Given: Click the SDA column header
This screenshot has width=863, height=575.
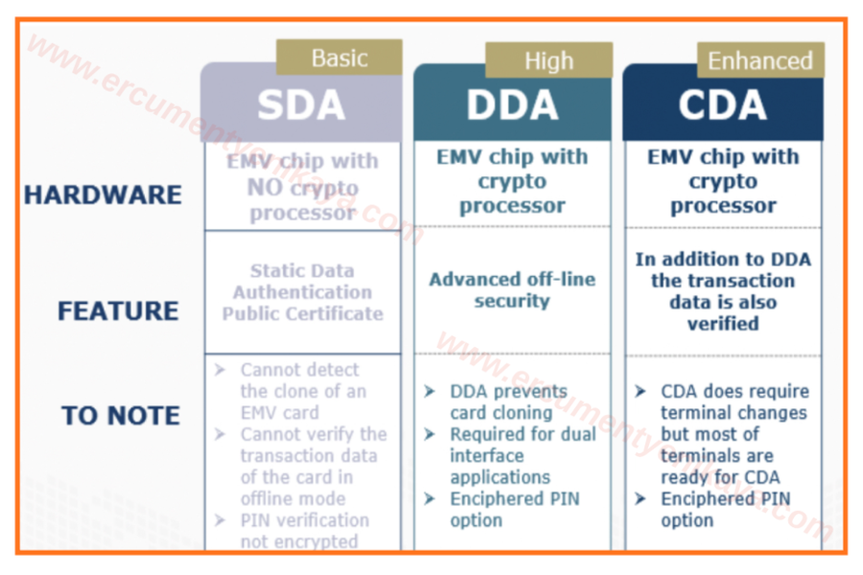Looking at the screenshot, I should coord(300,104).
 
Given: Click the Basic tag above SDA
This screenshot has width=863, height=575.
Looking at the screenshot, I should coord(338,57).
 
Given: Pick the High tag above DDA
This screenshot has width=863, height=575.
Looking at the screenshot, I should coord(548,61).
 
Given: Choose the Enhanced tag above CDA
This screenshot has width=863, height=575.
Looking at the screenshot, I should coord(759,61).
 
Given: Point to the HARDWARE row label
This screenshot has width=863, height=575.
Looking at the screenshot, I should coord(103,195).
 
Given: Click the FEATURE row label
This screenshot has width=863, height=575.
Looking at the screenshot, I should coord(118,311).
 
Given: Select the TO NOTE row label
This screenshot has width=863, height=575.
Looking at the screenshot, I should coord(121,416).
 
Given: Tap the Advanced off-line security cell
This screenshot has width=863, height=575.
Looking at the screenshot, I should coord(512,290).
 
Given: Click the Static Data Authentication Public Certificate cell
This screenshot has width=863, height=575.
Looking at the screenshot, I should coord(302,292).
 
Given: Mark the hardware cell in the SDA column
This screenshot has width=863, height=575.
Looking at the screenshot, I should coord(302,187).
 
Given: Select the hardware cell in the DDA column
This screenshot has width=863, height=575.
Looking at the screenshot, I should coord(512,181).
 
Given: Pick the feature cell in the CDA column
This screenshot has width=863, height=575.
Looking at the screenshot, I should coord(722,291).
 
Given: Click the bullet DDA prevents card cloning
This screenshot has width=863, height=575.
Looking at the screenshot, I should coord(508,402).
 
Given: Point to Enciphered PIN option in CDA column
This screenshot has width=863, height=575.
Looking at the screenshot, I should coord(724,509).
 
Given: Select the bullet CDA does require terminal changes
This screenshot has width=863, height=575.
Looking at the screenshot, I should coord(734,434).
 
